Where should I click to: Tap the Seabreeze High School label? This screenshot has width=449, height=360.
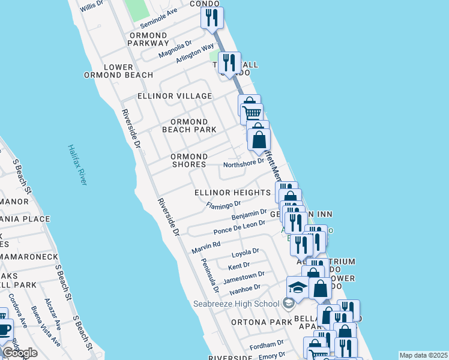tap(236, 304)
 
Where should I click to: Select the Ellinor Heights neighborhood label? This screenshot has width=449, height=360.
tap(232, 193)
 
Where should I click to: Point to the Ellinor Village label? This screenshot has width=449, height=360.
tap(175, 96)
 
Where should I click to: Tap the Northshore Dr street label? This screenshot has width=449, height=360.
tap(243, 163)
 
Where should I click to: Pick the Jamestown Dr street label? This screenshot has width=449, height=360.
tap(243, 278)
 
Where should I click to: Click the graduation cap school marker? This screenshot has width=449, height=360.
tap(297, 287)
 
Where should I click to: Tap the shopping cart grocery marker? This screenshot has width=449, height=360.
tap(252, 112)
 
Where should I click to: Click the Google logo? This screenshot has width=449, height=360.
tap(20, 353)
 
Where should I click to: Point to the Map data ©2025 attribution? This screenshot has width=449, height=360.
tap(423, 355)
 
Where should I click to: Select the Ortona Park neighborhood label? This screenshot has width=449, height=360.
tap(261, 322)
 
